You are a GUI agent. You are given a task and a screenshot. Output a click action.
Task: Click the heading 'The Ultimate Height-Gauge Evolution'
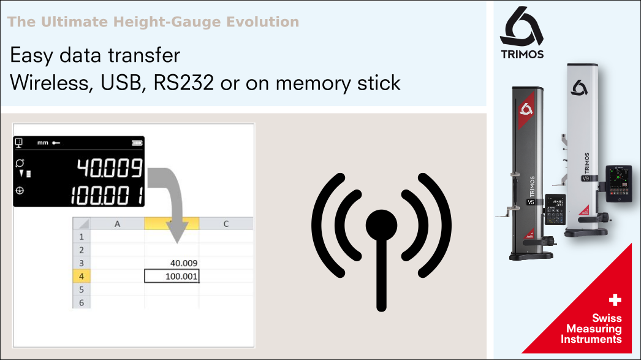(x=153, y=23)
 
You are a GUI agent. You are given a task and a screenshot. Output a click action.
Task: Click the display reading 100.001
(x=107, y=196)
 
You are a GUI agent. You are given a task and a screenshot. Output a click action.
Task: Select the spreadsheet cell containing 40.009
(x=172, y=263)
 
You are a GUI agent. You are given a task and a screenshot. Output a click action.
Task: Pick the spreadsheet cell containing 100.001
(x=172, y=277)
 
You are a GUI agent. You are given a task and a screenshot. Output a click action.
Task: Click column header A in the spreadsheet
(x=117, y=224)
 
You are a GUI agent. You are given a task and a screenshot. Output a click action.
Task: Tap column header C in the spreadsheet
(x=226, y=224)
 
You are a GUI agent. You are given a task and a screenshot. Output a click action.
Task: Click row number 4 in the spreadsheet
(x=81, y=277)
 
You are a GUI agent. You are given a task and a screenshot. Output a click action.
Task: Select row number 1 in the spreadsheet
(x=81, y=236)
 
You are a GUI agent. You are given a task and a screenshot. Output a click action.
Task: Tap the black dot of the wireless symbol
(x=381, y=225)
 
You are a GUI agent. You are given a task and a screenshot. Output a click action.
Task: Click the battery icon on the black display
(x=135, y=143)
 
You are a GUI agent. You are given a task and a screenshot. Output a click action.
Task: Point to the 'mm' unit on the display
(x=42, y=143)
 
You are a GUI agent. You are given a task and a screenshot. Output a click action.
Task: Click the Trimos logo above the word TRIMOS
(x=522, y=27)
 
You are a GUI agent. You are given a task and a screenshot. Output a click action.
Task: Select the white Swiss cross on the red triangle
(x=615, y=300)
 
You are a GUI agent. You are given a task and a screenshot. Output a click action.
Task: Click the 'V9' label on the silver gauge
(x=586, y=179)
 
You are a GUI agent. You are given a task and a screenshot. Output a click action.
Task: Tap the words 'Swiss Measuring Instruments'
(x=591, y=329)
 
